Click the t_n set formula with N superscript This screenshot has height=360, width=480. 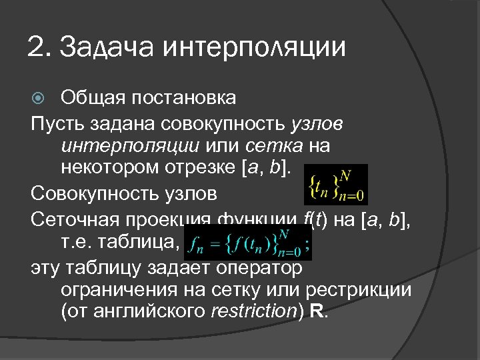tap(335, 185)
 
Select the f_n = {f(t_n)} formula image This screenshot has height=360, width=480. tap(248, 243)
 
